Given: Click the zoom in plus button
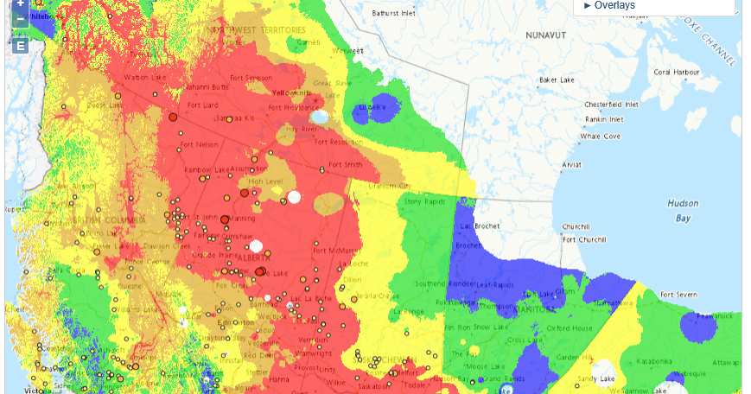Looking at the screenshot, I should [x=20, y=4].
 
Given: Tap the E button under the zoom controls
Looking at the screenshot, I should [x=20, y=45].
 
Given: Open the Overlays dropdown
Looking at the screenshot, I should [x=609, y=5].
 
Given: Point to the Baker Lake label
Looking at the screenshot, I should [x=557, y=80].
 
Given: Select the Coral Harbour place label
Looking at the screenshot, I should [x=675, y=72].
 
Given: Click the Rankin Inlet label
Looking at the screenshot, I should [x=604, y=119].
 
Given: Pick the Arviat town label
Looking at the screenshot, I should [x=572, y=164].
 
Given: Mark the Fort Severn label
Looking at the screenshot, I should [x=674, y=295].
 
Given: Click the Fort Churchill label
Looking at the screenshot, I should [x=580, y=239].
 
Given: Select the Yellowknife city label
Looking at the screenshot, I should [x=292, y=92].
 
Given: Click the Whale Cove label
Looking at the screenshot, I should [x=600, y=137].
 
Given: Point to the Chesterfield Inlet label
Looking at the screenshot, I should [x=611, y=104].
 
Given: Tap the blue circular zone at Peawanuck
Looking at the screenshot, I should [x=699, y=327].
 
